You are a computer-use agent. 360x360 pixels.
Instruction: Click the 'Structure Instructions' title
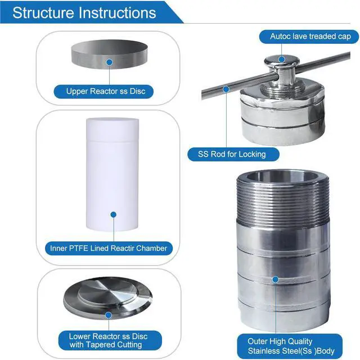click(84, 12)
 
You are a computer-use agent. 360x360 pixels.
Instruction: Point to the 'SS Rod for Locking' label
click(231, 154)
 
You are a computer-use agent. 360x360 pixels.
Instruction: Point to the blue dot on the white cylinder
click(113, 214)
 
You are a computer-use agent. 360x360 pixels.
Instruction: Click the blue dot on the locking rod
click(225, 88)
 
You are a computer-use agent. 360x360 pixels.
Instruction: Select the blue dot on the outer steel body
click(276, 279)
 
